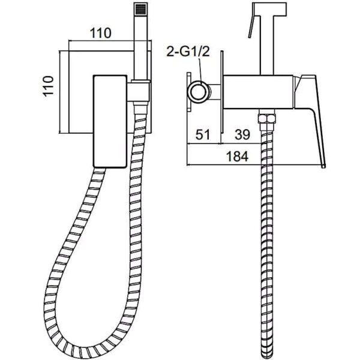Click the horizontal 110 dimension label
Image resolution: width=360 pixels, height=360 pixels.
[x=100, y=33]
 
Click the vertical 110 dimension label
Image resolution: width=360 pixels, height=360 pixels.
[x=49, y=86]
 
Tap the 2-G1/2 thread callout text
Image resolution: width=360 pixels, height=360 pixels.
[x=188, y=52]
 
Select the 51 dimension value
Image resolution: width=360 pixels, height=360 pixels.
[x=203, y=134]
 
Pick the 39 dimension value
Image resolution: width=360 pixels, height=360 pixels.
[x=242, y=134]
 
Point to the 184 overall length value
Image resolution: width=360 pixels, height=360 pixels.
[x=237, y=157]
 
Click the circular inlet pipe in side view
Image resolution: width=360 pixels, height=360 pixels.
[x=199, y=91]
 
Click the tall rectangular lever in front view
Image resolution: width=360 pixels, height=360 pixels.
[x=110, y=121]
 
